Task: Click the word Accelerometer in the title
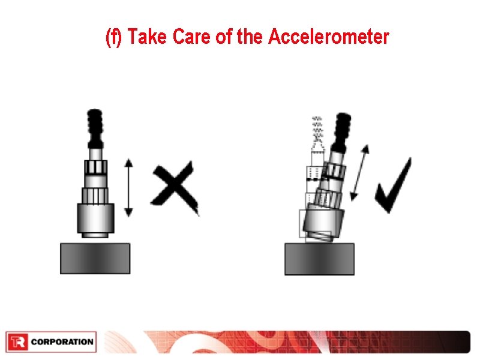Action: coord(329,37)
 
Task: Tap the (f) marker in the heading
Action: coord(113,37)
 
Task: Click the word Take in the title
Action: coord(148,37)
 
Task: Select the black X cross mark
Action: coord(175,187)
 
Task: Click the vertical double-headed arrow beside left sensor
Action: coord(128,187)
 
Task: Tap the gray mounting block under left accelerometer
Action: coord(95,258)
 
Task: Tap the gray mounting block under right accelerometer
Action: coord(319,259)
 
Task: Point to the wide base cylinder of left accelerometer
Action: coord(95,219)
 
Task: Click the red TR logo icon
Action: coord(17,343)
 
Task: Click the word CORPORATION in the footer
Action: coord(62,343)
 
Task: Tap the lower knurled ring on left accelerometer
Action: coord(95,195)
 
